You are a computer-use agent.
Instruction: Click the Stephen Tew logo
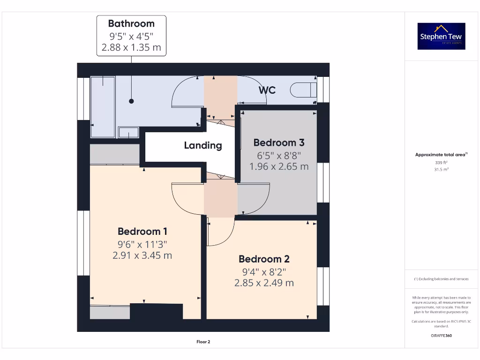[x=441, y=36]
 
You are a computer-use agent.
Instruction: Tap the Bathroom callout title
[x=131, y=23]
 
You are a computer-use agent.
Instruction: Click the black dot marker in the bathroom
[x=131, y=101]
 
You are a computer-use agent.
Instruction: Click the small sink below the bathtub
[x=128, y=133]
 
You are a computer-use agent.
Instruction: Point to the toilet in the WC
[x=303, y=90]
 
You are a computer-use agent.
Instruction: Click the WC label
[x=267, y=90]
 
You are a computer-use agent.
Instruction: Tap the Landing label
[x=202, y=145]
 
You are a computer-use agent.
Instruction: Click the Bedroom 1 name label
[x=142, y=231]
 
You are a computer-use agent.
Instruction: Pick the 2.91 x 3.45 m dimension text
[x=142, y=255]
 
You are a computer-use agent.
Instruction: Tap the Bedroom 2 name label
[x=264, y=259]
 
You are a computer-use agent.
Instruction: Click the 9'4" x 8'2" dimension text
[x=264, y=271]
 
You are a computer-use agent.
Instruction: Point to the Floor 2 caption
[x=203, y=342]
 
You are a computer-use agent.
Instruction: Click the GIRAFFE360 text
[x=441, y=336]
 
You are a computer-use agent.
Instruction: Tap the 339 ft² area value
[x=441, y=163]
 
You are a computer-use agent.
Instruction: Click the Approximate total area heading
[x=441, y=154]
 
